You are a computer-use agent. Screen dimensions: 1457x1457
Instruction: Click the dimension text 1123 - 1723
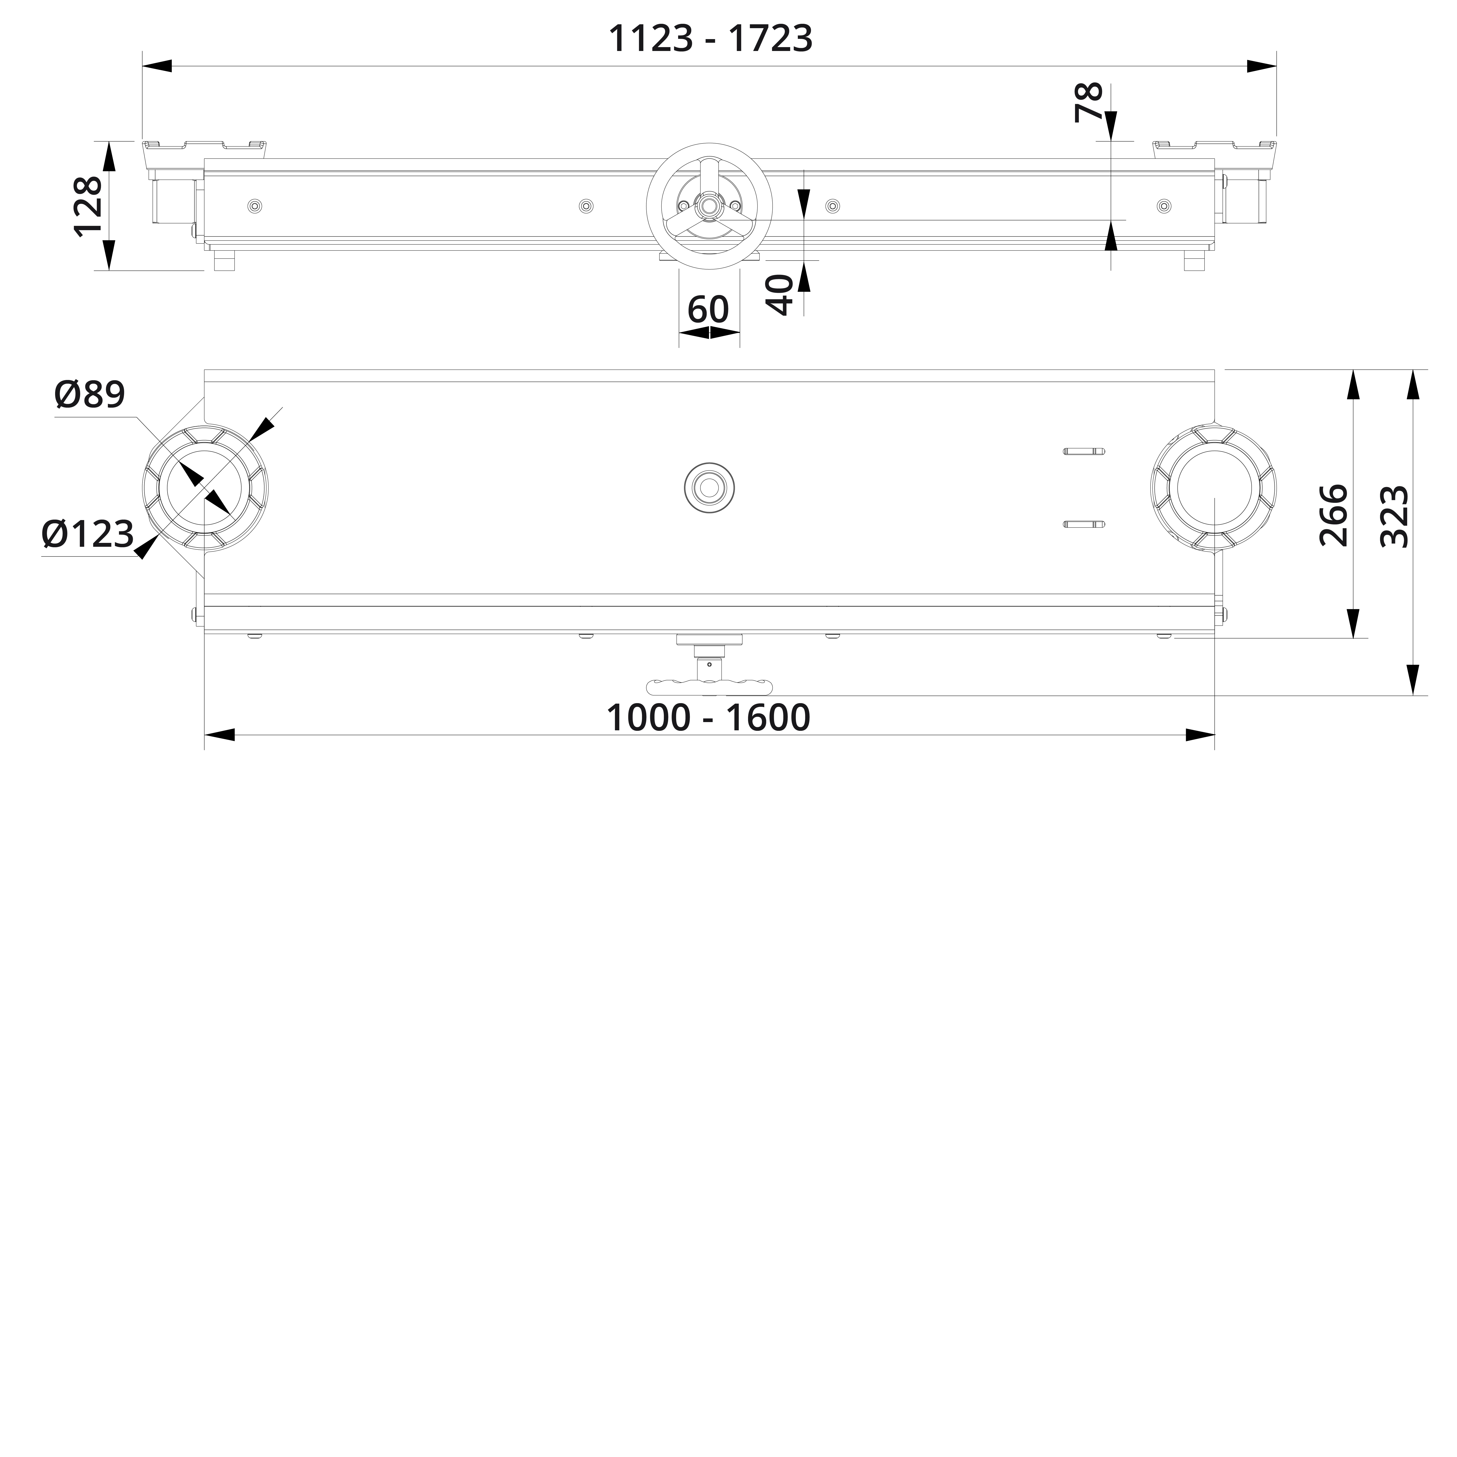tap(710, 38)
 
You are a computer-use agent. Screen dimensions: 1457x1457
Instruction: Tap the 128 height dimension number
tap(89, 207)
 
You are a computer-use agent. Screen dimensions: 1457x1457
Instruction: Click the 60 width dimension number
tap(708, 309)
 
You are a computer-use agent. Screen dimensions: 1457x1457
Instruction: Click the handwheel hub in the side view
tap(708, 205)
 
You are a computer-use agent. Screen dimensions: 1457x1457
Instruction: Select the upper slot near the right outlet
tap(1085, 452)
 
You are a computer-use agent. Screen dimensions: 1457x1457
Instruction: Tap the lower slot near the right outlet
tap(1085, 524)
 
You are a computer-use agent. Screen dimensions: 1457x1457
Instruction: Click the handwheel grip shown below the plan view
tap(709, 686)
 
